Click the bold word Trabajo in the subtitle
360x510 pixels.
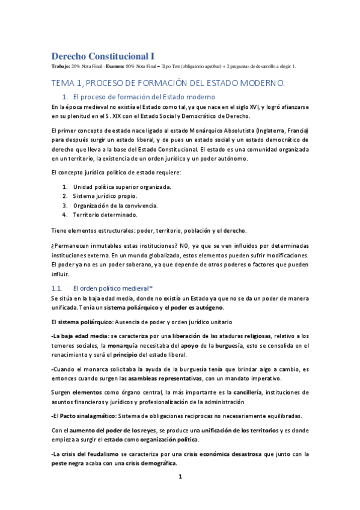click(60, 66)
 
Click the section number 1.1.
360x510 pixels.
click(58, 289)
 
